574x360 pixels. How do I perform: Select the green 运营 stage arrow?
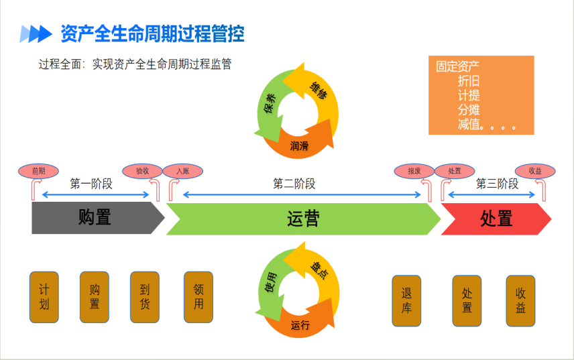click(x=303, y=219)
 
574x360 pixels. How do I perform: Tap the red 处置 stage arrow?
click(x=496, y=219)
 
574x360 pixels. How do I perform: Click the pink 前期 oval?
click(x=38, y=171)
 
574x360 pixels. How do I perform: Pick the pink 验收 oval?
click(x=142, y=171)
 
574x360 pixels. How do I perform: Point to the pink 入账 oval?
click(x=182, y=171)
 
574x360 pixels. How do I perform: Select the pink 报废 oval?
click(x=414, y=171)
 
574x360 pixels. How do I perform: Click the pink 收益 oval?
click(x=534, y=171)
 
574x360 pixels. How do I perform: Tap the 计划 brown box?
click(x=44, y=297)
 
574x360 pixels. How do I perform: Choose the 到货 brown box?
click(x=145, y=297)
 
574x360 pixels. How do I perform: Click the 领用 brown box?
click(x=198, y=297)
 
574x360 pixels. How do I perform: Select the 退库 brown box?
click(x=406, y=301)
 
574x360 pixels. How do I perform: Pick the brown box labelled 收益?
click(x=520, y=301)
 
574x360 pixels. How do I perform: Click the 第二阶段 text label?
click(x=294, y=184)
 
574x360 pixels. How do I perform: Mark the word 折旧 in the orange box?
click(x=469, y=80)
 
